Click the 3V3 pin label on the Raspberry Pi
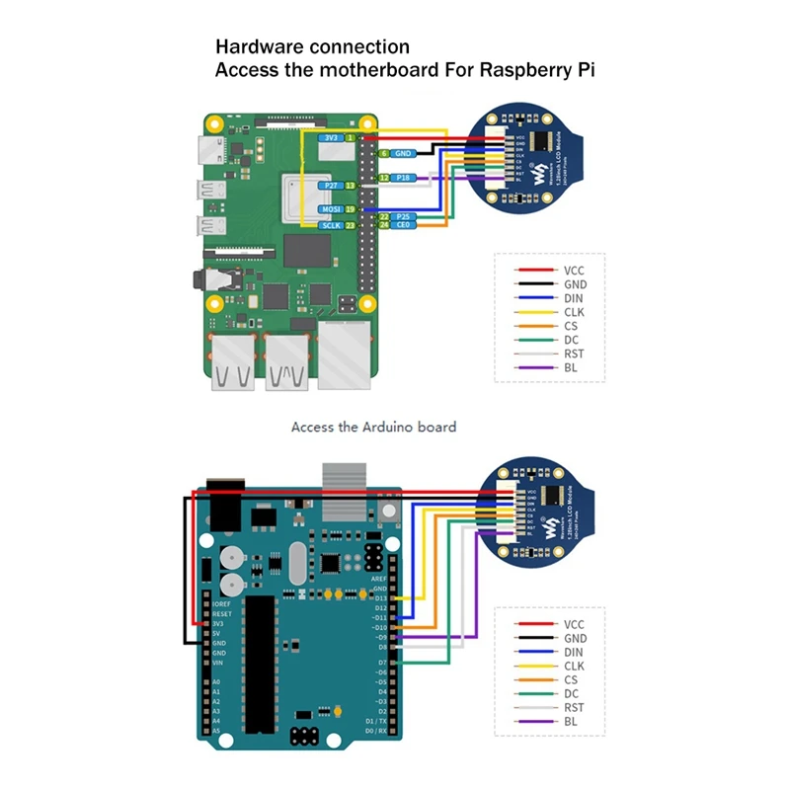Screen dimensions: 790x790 coord(332,139)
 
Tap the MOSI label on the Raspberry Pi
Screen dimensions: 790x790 coord(331,210)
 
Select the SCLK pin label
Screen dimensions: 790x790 coord(331,226)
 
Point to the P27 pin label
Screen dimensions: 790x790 coord(331,185)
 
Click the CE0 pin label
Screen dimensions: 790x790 coord(403,226)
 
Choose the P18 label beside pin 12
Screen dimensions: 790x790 coord(403,178)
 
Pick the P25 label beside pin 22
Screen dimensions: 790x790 coord(403,216)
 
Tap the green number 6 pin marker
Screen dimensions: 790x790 coord(383,154)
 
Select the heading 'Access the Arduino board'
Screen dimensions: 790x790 coord(373,428)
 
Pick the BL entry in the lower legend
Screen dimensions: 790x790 coord(571,721)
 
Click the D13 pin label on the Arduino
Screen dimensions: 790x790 coord(381,597)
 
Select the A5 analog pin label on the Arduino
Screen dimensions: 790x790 coord(215,730)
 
